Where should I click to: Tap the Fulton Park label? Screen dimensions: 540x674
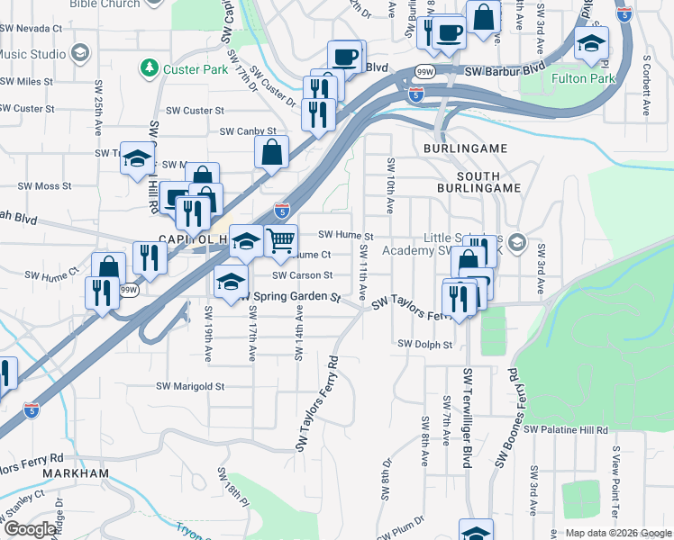click(x=583, y=79)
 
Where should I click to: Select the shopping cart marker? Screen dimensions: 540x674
click(x=281, y=240)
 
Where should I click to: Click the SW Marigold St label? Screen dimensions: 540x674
click(x=190, y=386)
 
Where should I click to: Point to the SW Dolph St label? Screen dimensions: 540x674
click(x=424, y=344)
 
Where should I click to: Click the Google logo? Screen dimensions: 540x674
click(x=30, y=529)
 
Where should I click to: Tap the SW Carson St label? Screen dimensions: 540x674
click(x=302, y=275)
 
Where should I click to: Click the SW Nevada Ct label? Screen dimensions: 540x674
click(x=31, y=29)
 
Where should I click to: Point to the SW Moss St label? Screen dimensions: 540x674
click(x=40, y=186)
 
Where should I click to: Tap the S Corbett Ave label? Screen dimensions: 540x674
click(x=646, y=86)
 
